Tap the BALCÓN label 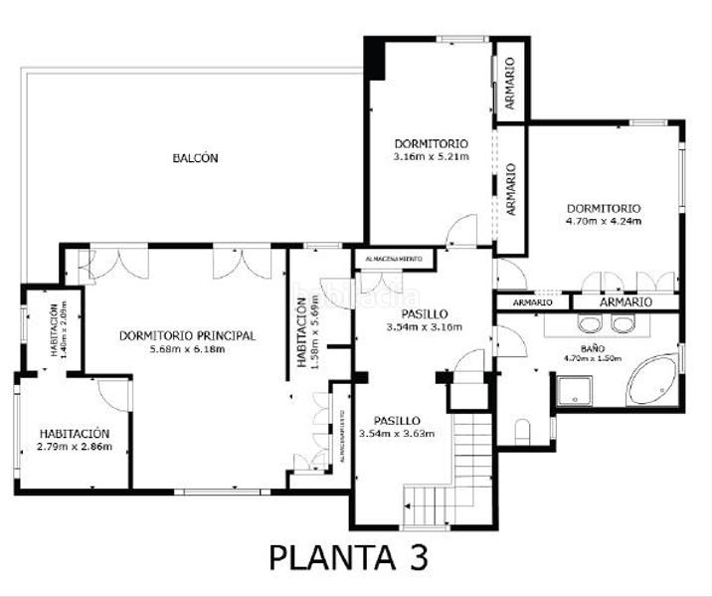coord(195,158)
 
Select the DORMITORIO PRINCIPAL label coord(187,336)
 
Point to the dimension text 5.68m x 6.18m coord(187,349)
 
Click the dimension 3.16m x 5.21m coord(430,156)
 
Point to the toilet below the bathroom coord(522,430)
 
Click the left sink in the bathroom coord(588,323)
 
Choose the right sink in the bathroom coord(623,323)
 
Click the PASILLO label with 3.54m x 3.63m coord(397,420)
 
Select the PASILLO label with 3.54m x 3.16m coord(424,311)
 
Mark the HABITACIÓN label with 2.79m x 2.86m coord(75,434)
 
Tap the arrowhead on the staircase coord(408,508)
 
